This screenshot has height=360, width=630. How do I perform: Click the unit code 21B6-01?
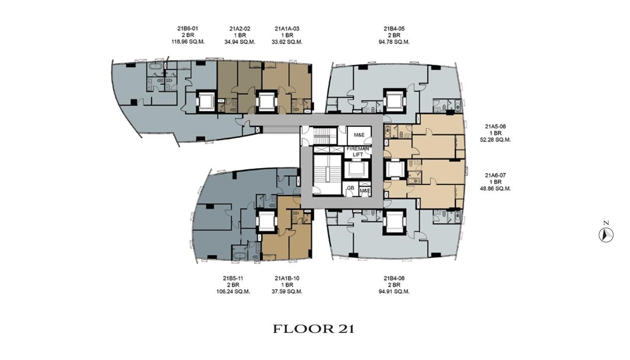[188, 28]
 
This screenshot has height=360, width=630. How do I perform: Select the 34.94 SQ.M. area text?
[240, 42]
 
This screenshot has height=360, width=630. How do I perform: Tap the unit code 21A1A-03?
[287, 28]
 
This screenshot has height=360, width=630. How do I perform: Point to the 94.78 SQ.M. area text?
[394, 42]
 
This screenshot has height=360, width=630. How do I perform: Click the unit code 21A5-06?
[495, 126]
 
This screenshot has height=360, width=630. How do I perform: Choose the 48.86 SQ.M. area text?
[495, 188]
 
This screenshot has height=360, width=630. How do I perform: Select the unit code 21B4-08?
[394, 278]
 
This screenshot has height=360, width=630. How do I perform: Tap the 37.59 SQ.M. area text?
[287, 292]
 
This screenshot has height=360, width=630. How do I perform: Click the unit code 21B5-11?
[233, 278]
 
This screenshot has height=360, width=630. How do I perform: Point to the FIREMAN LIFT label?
[358, 151]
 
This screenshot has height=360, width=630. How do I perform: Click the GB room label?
[350, 188]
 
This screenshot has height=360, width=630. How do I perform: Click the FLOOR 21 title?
[313, 329]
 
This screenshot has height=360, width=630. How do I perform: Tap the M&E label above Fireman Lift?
[359, 135]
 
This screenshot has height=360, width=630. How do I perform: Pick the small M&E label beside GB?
[365, 191]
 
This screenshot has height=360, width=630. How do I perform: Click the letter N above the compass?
[606, 223]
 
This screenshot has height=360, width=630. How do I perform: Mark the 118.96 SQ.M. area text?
[188, 42]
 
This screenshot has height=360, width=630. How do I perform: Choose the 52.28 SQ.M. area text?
[495, 140]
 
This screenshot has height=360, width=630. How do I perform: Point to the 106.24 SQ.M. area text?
[233, 292]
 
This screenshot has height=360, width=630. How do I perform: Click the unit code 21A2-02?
[240, 28]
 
